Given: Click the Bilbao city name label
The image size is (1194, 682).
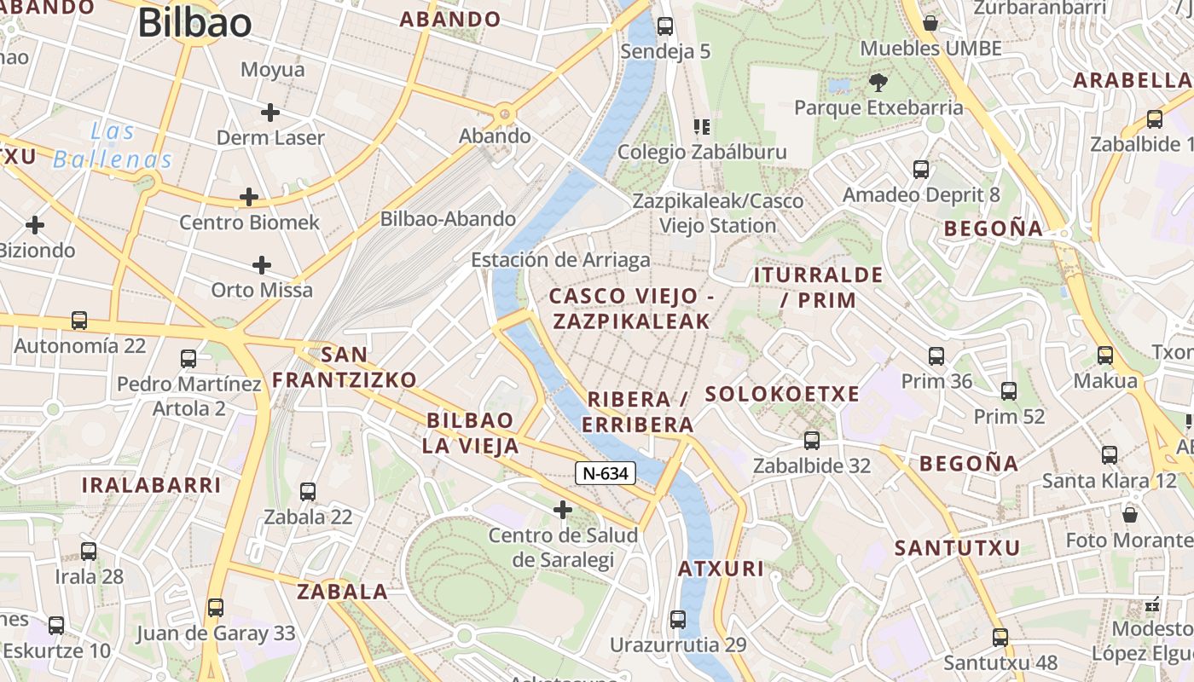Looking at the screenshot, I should click(x=194, y=23).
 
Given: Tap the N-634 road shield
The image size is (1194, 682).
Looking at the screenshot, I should click(x=606, y=473).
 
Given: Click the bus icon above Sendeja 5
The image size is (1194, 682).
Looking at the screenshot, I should click(x=665, y=26).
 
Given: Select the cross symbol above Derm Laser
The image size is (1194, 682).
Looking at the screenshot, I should click(x=270, y=112).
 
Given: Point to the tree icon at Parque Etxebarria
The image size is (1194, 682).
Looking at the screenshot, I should click(x=878, y=83).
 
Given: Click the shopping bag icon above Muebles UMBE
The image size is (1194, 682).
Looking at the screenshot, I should click(x=930, y=22).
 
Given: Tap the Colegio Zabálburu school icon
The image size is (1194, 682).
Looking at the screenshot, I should click(x=702, y=128).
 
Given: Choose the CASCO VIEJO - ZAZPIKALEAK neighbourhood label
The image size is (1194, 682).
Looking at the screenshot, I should click(x=631, y=309).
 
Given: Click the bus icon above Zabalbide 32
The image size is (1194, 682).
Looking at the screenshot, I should click(x=812, y=441).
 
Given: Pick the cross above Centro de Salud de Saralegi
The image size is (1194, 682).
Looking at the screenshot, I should click(x=563, y=510).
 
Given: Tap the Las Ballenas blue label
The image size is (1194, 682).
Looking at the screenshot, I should click(x=113, y=146).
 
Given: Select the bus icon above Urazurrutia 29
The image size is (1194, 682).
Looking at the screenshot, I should click(x=678, y=620).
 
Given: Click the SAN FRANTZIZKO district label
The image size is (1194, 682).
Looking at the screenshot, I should click(x=345, y=367).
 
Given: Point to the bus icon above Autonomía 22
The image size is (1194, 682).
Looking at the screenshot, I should click(x=79, y=321).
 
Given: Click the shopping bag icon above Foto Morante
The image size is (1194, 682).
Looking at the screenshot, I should click(x=1130, y=515).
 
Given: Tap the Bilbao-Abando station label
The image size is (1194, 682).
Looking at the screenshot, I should click(x=448, y=219).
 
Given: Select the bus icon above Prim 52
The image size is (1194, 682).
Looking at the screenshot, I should click(x=1009, y=391).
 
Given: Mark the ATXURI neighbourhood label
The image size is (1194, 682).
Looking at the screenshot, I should click(x=721, y=569).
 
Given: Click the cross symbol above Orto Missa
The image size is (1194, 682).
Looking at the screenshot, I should click(x=262, y=265).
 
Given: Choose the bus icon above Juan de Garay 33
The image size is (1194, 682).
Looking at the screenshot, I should click(x=216, y=608).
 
